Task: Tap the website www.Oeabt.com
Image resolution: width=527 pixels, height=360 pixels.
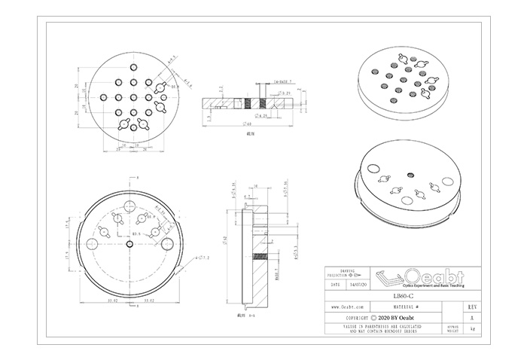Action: pos(348,308)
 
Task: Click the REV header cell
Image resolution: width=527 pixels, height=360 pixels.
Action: pos(471,307)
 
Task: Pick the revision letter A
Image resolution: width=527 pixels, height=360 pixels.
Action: pos(471,319)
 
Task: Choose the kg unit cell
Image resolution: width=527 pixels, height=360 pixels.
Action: pos(471,329)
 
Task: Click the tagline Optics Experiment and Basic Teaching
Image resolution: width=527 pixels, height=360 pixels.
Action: pos(433,286)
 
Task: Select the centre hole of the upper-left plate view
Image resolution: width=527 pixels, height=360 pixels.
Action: pos(133,96)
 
